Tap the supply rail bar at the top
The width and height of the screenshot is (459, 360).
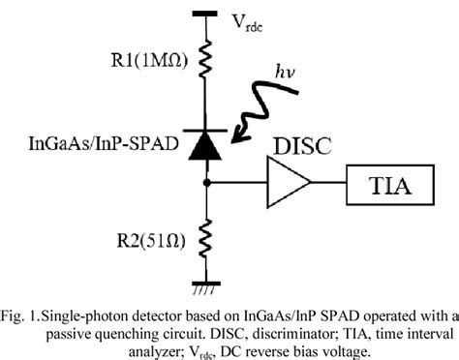206,13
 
